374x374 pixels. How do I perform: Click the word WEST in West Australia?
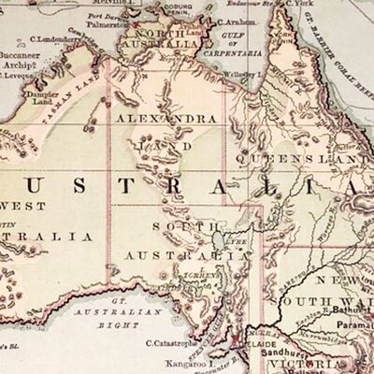[x=20, y=205]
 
